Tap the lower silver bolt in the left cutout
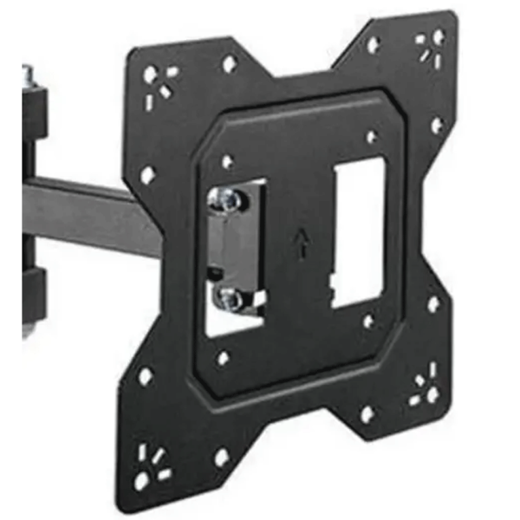click(230, 299)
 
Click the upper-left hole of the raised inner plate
click(227, 162)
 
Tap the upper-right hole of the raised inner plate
click(372, 137)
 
